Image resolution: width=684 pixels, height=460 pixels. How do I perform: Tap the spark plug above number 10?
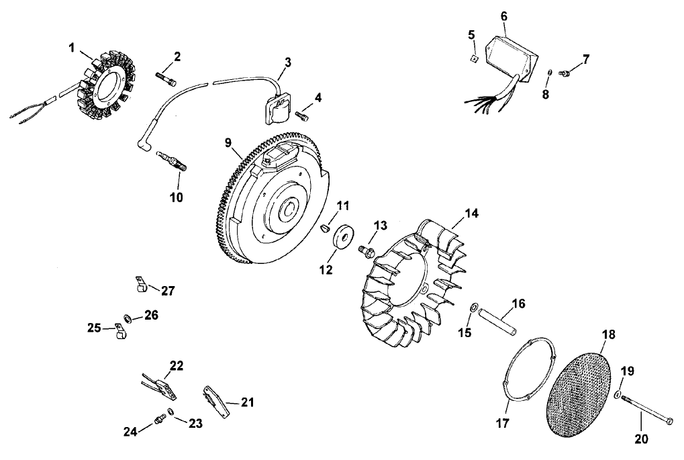click(171, 160)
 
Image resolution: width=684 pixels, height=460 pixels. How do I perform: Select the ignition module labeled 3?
click(275, 107)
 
